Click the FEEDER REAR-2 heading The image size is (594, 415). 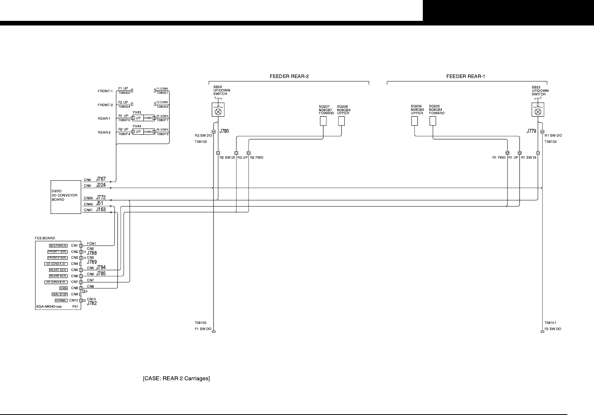[289, 76]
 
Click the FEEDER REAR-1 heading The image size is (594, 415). [465, 76]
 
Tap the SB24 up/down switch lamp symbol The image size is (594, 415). [218, 112]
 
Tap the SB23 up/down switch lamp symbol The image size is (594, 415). [538, 112]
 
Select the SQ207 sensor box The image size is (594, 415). [323, 121]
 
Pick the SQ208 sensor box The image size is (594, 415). [341, 121]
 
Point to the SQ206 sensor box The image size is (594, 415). [414, 121]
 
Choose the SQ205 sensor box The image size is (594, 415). [433, 121]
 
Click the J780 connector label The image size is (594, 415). [224, 131]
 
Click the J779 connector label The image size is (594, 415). [531, 131]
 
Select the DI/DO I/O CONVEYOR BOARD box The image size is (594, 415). [66, 197]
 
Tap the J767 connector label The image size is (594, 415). [101, 179]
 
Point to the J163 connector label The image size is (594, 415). [101, 210]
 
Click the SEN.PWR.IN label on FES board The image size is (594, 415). [58, 246]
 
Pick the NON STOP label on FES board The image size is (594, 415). [60, 294]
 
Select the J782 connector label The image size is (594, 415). [92, 303]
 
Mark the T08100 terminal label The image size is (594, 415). [200, 322]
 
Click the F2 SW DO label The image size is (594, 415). [553, 329]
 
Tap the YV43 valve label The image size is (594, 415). [137, 112]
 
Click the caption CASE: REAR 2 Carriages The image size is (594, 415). [177, 378]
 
